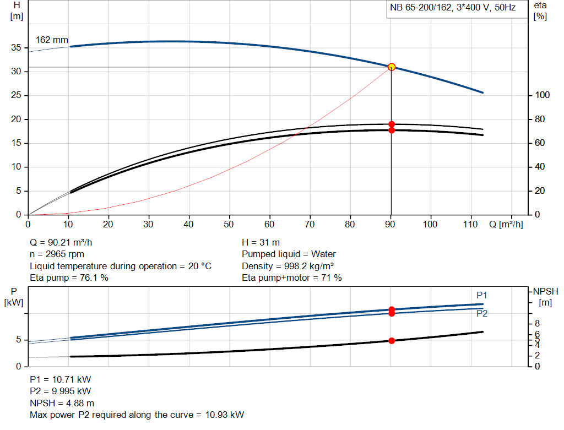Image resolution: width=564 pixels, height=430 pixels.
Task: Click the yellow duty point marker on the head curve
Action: coord(392,67)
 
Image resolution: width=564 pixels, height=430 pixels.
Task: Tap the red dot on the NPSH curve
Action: coord(392,341)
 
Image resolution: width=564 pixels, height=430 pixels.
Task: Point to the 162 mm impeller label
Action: coord(52,40)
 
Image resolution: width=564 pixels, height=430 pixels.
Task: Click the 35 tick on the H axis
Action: coord(16,48)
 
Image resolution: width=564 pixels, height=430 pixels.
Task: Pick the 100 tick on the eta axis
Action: coord(543,95)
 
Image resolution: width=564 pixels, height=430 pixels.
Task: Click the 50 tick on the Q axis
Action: coord(229,225)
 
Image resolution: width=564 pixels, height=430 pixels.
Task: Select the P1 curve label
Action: coord(482,296)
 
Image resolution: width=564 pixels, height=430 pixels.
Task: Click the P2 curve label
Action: coord(482,314)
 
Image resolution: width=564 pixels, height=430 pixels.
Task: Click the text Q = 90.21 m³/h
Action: coord(65,242)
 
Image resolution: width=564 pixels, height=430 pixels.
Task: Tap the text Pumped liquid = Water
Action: coord(289,254)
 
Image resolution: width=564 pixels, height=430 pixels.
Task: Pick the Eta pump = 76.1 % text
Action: coord(68,278)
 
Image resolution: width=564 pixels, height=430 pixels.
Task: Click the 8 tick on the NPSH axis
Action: coord(538,323)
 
